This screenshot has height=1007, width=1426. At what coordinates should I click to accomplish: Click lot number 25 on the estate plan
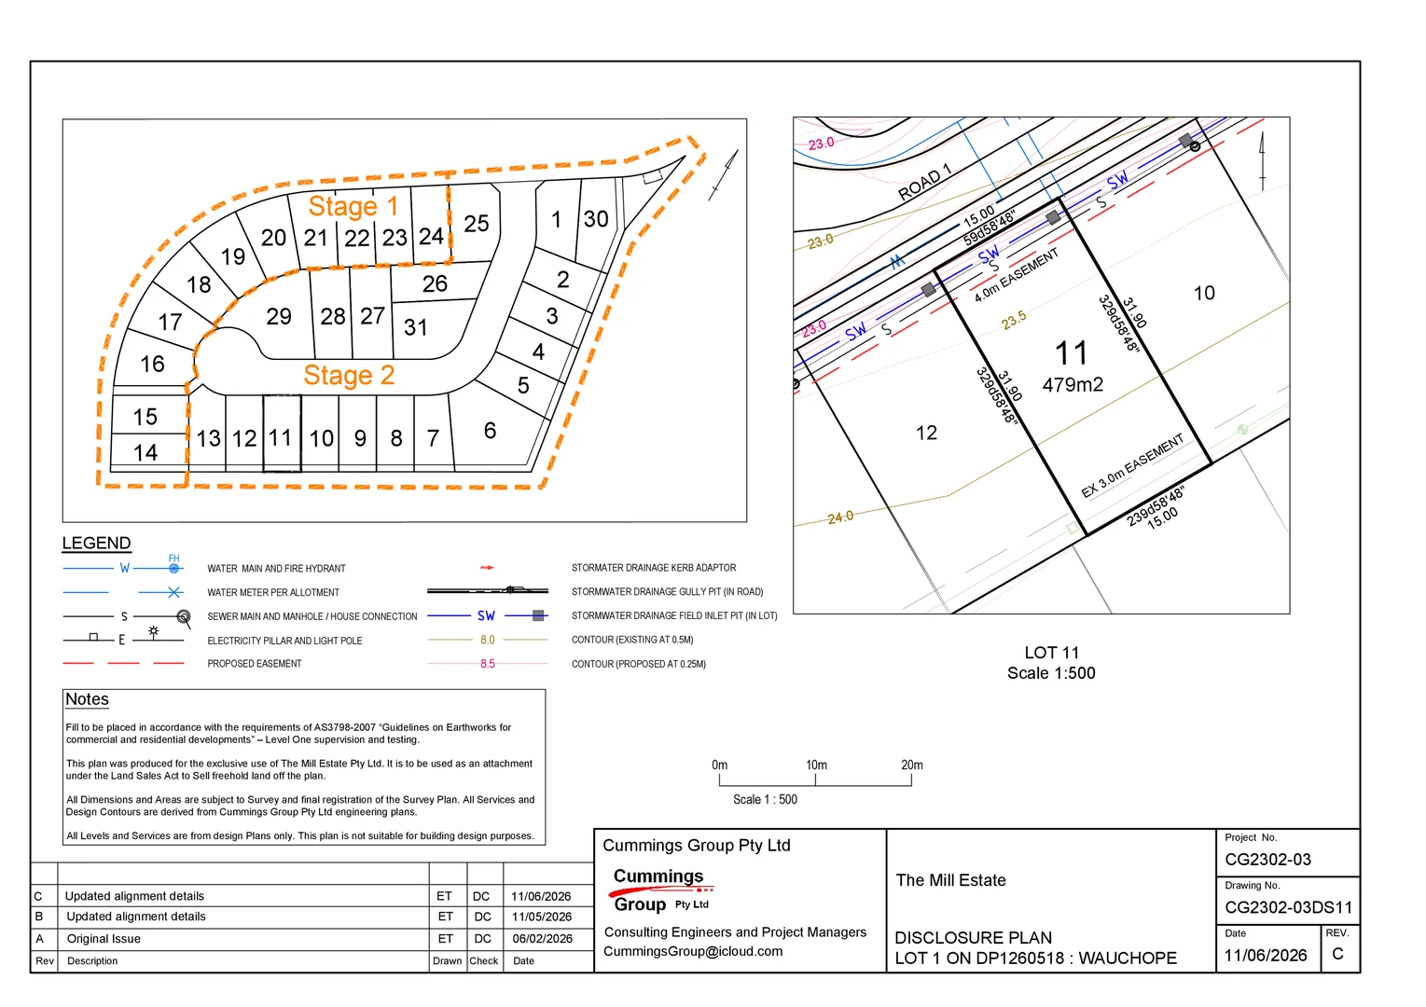pos(477,224)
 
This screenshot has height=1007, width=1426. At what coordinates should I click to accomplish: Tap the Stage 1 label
pos(353,206)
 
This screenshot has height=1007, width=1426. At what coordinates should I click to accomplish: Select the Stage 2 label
pos(349,375)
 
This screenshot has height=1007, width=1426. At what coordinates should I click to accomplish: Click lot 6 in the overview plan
pos(490,430)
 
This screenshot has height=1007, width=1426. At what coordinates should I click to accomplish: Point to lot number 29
pos(279,316)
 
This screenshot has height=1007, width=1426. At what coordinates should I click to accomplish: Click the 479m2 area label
pos(1073,384)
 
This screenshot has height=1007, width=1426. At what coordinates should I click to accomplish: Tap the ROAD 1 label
pos(924,182)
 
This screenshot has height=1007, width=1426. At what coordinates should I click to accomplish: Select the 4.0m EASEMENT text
pos(1017,275)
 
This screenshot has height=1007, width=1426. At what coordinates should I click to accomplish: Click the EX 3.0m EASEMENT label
pos(1132,465)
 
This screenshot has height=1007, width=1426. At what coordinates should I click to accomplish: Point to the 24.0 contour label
pos(840,517)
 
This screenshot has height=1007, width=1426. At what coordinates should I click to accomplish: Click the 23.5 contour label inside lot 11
pos(1014,320)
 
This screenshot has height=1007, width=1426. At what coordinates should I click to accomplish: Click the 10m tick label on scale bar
pos(816,765)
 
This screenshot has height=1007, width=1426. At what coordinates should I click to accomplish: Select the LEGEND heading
pos(96,543)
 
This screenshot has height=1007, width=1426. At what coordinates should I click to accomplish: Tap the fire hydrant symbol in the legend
pos(173,568)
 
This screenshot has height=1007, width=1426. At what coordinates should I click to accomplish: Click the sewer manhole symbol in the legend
pos(184,616)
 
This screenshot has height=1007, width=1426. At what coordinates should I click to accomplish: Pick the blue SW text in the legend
pos(486,615)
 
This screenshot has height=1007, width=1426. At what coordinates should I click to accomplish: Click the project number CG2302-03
pos(1267,860)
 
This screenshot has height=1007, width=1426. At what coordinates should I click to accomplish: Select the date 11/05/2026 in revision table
pos(541,917)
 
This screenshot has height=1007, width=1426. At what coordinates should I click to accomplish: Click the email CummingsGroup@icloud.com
pos(693,951)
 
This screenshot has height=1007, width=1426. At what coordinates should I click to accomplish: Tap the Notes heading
pos(88,699)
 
